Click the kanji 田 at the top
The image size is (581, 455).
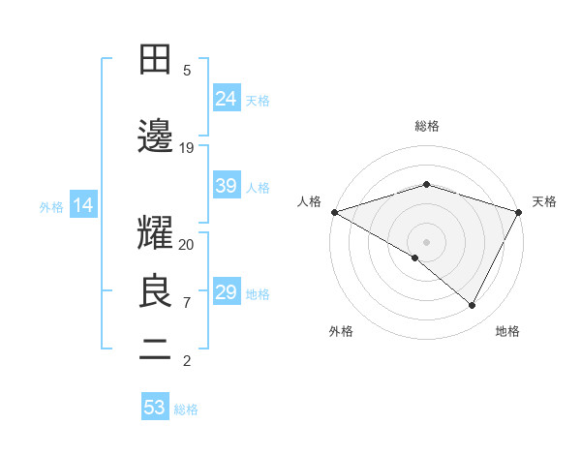155,59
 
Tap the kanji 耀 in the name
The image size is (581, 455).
155,235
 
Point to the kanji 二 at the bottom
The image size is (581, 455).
155,350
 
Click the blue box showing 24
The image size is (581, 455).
227,98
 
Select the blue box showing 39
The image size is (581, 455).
227,186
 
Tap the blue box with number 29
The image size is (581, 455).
227,292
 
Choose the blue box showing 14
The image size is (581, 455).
82,205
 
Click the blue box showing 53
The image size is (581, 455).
155,408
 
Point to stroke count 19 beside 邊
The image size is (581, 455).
187,148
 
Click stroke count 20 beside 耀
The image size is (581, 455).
187,244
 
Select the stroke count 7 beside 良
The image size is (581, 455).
187,303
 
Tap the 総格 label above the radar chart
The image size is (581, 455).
426,126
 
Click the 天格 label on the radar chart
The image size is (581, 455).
544,201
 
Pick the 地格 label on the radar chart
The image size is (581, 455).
507,331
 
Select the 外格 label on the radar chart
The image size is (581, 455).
341,331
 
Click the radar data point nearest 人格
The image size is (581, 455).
334,211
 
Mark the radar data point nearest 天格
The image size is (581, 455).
519,211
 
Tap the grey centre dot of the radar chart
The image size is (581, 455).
426,241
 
